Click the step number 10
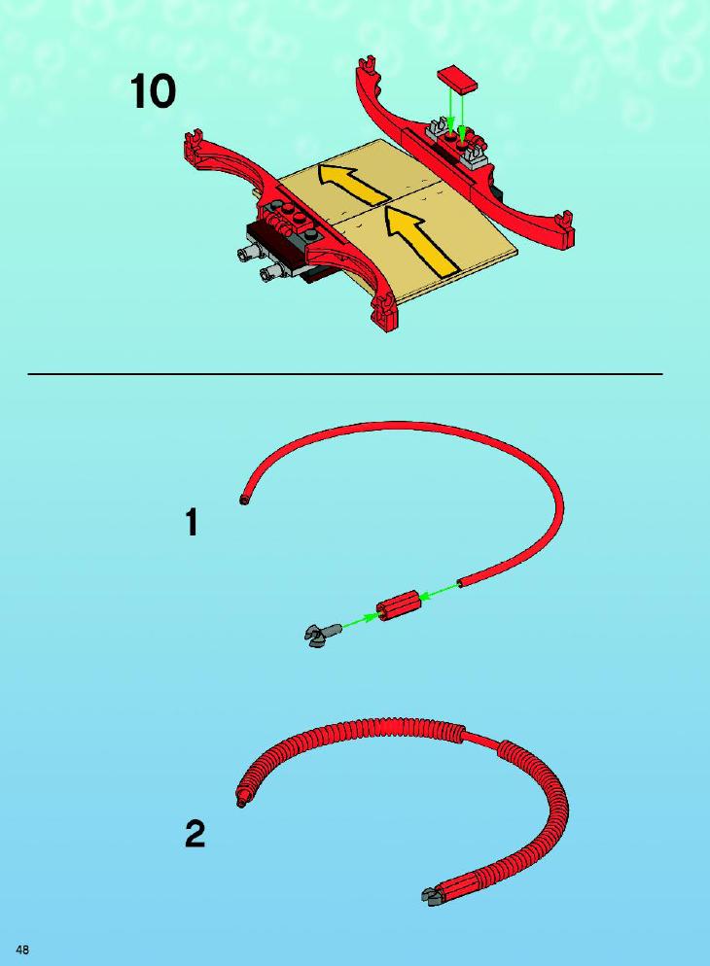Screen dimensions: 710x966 tap(153, 92)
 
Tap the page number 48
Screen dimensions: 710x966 tap(22, 949)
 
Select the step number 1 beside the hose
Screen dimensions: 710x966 tap(193, 522)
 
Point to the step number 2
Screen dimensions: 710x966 tap(195, 834)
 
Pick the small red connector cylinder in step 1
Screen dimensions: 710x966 tap(398, 605)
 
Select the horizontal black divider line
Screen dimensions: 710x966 tap(345, 374)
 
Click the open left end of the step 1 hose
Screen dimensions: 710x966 tap(243, 500)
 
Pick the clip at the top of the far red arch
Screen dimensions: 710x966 tap(367, 65)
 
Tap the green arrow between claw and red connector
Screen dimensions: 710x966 tap(360, 621)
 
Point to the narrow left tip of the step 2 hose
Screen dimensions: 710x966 tap(241, 800)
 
